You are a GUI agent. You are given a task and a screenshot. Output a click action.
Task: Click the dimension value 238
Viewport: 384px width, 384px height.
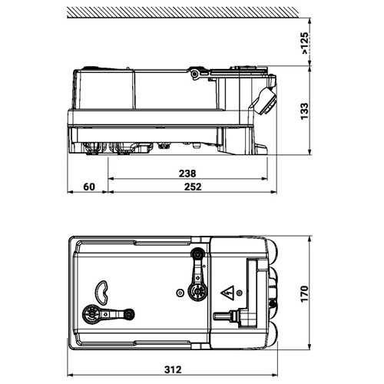[x=187, y=174]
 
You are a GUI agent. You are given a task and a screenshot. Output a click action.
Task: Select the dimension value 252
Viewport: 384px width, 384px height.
[x=193, y=187]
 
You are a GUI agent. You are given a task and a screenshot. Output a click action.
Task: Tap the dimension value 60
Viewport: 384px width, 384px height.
[x=89, y=187]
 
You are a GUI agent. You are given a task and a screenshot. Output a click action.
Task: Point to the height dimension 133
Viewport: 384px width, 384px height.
[x=304, y=111]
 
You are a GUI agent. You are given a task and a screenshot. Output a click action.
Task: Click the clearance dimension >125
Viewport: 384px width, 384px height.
[x=304, y=43]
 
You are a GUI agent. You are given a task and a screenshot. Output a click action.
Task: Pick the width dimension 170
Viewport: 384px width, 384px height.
[x=304, y=293]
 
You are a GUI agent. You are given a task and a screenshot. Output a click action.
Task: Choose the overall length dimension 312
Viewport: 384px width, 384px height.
[x=173, y=369]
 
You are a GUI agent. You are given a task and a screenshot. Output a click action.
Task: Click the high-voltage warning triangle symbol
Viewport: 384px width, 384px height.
[x=227, y=293]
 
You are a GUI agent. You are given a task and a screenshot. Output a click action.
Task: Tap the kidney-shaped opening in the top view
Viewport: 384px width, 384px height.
[x=102, y=292]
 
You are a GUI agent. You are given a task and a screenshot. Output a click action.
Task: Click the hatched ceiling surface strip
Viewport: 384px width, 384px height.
[x=183, y=12]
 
